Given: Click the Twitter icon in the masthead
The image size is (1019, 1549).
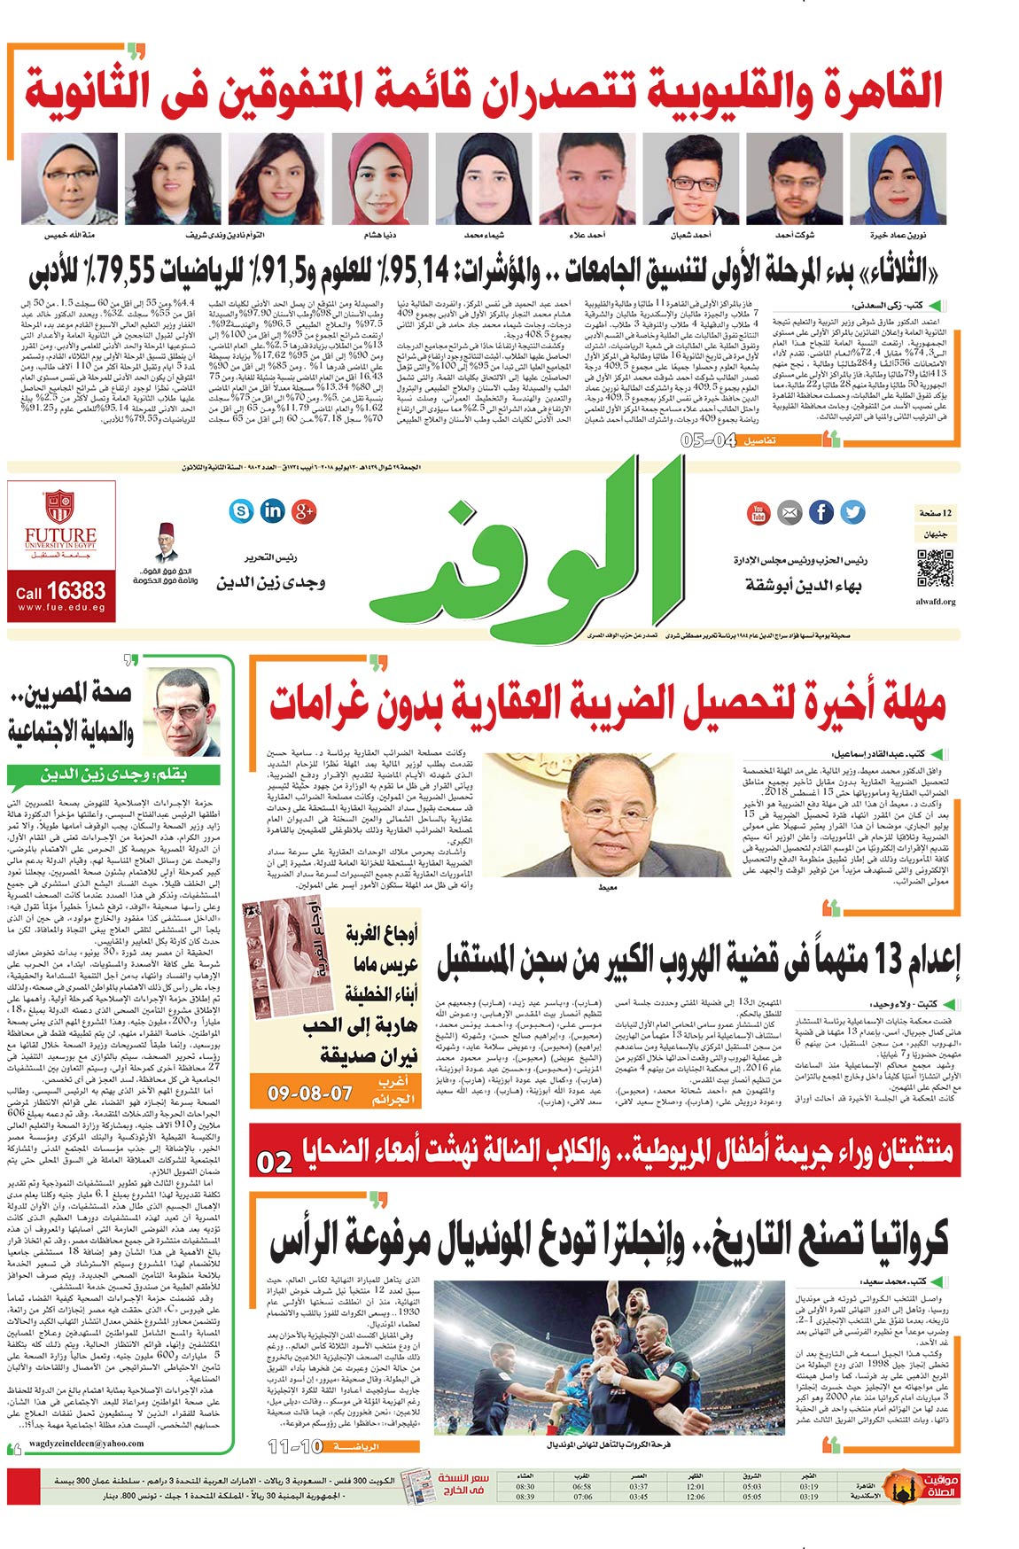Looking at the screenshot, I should point(852,511).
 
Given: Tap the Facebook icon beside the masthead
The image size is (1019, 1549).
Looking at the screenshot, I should point(821,511).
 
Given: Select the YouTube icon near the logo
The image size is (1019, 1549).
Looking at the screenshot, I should point(758,512).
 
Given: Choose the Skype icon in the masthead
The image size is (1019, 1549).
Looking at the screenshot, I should point(241,510).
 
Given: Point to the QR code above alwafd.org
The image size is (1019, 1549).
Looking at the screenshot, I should point(935,569).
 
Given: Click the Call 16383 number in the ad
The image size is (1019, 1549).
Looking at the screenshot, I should point(60,591).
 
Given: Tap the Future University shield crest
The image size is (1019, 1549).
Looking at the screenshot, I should point(59,507).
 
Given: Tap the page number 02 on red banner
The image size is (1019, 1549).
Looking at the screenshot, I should point(275,1162).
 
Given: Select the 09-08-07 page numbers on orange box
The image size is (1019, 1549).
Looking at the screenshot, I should point(310,1094).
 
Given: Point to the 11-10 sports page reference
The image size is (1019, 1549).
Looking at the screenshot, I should point(296,1447).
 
